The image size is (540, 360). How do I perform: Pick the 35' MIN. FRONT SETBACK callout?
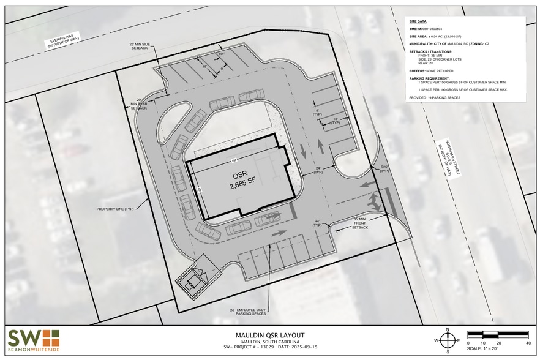coord(359,223)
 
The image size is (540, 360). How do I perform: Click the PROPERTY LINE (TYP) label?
coord(114,209)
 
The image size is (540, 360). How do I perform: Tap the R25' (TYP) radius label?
coord(384,169)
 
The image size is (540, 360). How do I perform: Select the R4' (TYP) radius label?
coord(318,223)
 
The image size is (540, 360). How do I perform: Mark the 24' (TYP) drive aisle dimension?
coord(318,171)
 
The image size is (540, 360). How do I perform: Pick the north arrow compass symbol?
coord(448,340)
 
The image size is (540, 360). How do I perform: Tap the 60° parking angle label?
coord(221,54)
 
